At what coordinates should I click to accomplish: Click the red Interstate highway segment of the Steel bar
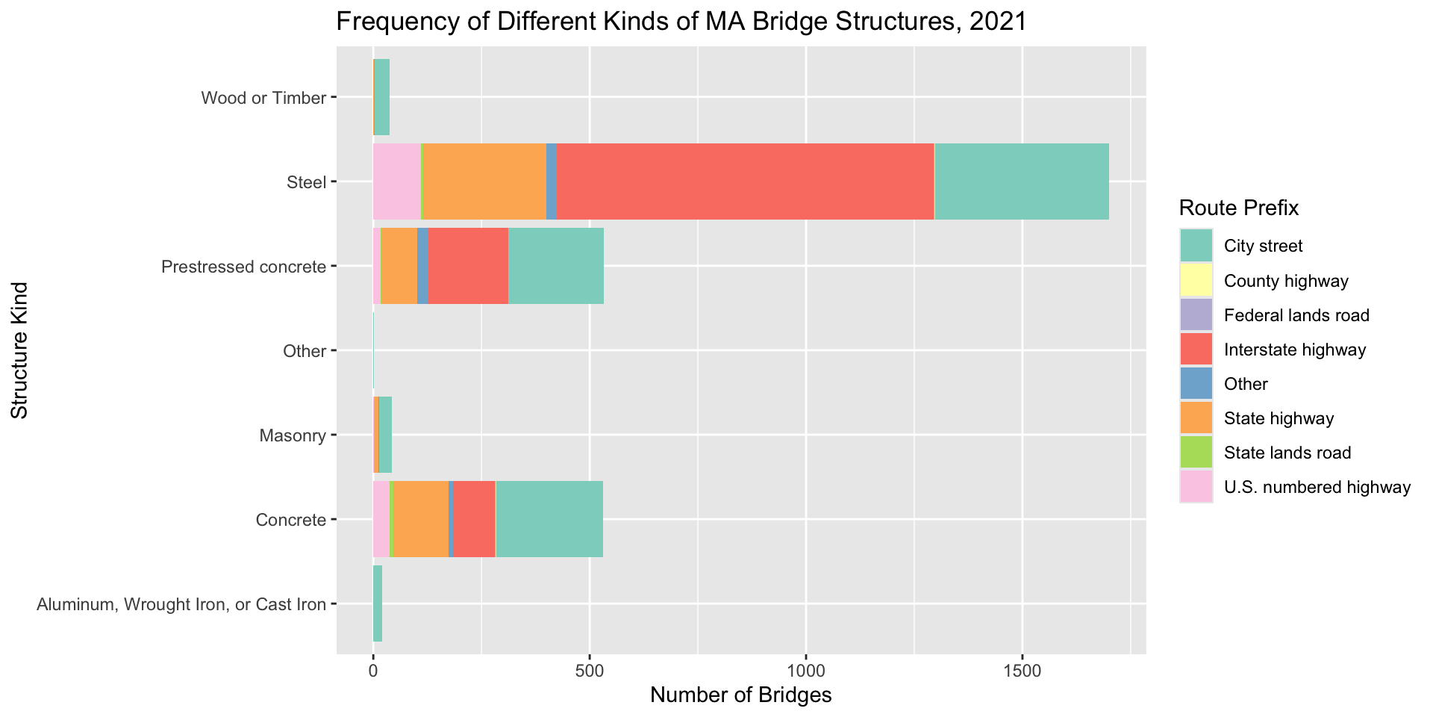pos(745,181)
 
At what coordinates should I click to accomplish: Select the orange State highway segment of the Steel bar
pos(484,181)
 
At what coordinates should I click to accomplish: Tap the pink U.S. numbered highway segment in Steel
pos(396,181)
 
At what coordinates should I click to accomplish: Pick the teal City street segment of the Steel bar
pos(1021,181)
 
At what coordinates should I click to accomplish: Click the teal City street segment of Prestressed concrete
pos(555,266)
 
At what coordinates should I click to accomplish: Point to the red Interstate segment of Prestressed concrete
pos(468,266)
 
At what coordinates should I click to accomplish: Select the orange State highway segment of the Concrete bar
pos(421,519)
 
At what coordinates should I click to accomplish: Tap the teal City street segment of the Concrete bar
pos(549,519)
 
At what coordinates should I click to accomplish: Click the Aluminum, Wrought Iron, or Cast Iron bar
pos(378,603)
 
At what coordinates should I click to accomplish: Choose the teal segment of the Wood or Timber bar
pos(381,97)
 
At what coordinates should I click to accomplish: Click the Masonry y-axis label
pos(292,435)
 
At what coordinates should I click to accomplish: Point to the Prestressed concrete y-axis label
pos(243,267)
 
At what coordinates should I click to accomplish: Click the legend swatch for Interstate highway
pos(1196,350)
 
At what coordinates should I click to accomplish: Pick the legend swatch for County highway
pos(1196,281)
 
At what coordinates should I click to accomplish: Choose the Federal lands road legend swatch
pos(1196,315)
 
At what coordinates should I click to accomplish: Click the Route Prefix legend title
pos(1239,208)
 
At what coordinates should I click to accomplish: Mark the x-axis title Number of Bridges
pos(740,695)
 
